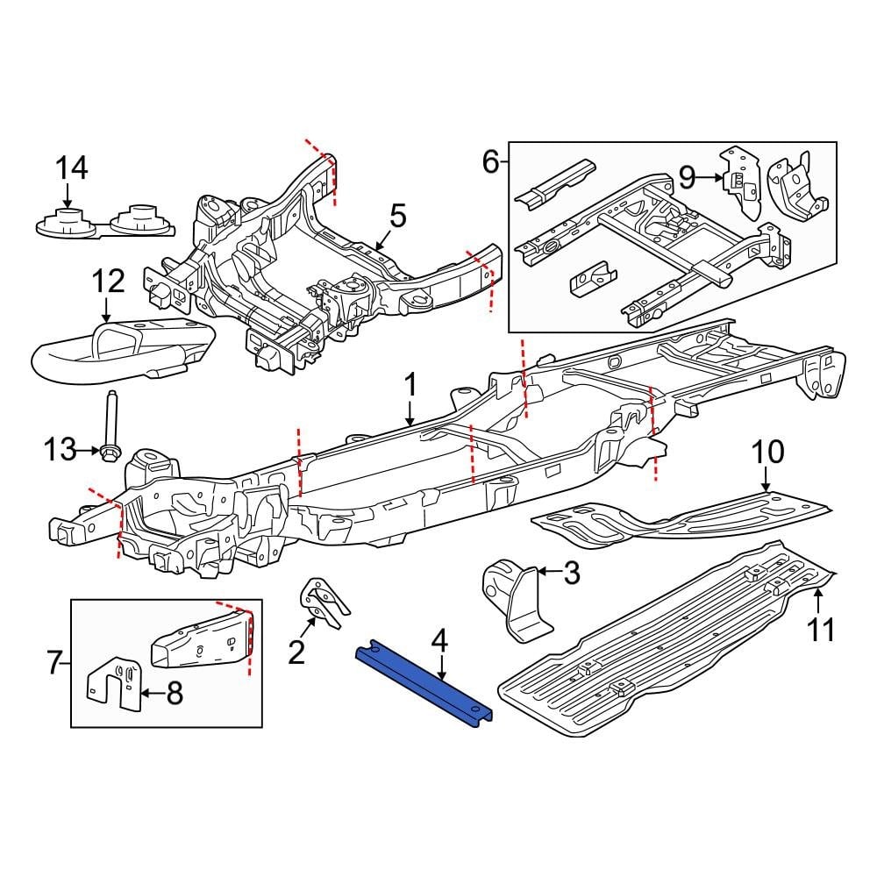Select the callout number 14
point(72,168)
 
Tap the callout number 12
point(110,282)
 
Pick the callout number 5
point(397,215)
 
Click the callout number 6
point(490,160)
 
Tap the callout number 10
point(767,453)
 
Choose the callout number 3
point(570,574)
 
